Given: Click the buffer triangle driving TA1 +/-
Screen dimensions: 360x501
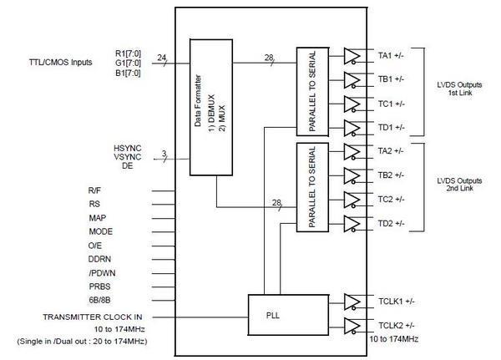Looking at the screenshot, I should tap(352, 56).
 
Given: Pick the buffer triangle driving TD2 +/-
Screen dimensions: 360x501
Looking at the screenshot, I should tap(352, 224).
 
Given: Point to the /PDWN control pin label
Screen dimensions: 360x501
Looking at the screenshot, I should tap(102, 272).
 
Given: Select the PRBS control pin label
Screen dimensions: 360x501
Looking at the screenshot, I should tap(100, 286).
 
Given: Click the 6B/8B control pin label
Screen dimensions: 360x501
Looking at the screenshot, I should tap(101, 300).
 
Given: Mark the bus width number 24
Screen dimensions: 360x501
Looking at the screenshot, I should tap(162, 58).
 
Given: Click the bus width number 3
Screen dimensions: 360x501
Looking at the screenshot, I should tap(164, 154).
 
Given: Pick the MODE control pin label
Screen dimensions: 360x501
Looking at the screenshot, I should tap(100, 231).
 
